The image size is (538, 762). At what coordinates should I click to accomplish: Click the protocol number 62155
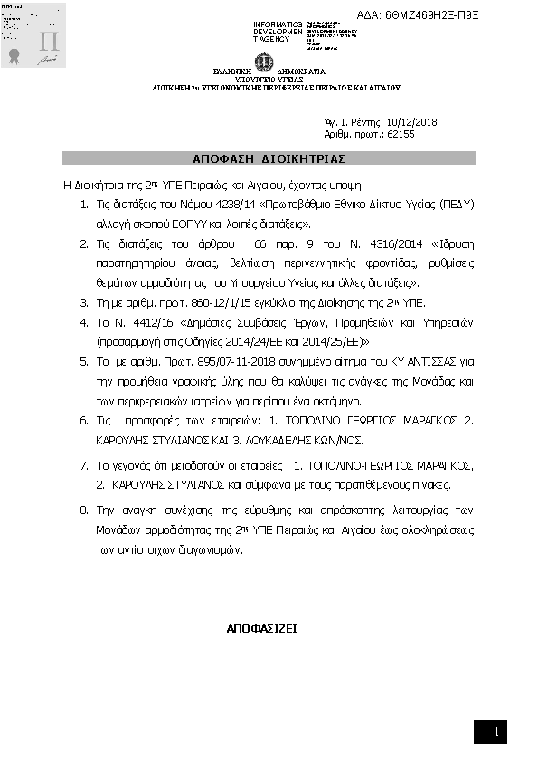(x=400, y=134)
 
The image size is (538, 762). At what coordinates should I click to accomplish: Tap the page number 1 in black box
(x=496, y=731)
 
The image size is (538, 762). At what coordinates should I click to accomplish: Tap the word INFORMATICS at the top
(x=278, y=24)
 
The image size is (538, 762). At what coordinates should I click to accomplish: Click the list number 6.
(x=83, y=421)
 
